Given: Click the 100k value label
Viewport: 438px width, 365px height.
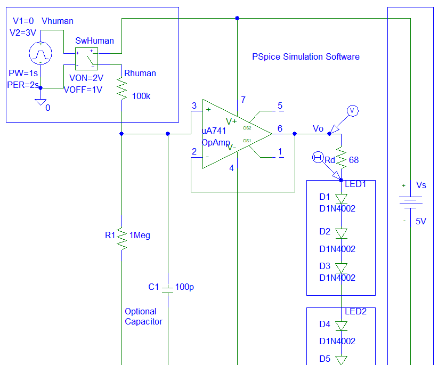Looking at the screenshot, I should tap(141, 97).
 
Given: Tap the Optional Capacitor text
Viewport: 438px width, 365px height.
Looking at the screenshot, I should tap(143, 317).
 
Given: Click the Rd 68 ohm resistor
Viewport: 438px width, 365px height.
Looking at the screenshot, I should tap(341, 159).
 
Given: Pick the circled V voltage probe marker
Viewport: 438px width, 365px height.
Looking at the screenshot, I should tap(352, 110).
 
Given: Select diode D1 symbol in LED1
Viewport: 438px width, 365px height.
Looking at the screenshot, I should tap(341, 199).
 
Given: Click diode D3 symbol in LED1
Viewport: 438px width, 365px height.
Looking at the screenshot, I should tap(341, 268).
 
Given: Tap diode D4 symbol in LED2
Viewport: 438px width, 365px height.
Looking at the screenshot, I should tap(341, 326).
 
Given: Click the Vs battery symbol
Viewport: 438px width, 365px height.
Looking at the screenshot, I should tap(410, 201).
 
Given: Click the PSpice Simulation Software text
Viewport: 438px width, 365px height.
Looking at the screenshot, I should tap(306, 56).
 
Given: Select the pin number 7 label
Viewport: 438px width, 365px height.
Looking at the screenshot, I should tap(243, 100).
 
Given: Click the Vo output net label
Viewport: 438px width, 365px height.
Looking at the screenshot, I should tap(318, 129).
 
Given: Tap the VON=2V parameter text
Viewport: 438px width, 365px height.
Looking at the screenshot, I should tap(86, 77).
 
